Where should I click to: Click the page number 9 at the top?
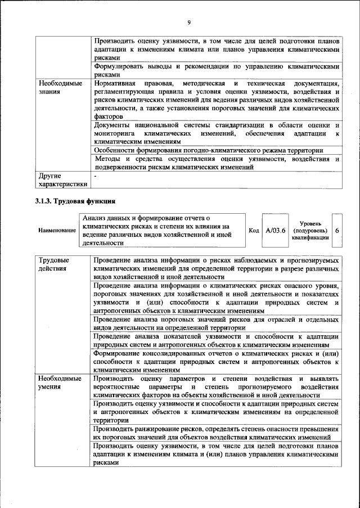coord(189,22)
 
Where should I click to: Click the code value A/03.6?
coord(276,231)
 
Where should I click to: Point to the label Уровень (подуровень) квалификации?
coord(310,231)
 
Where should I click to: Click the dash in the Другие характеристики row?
coord(96,176)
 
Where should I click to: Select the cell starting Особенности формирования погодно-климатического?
coord(208,151)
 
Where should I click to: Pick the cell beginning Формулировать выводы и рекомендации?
coord(217,70)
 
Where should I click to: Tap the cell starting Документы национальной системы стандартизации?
coord(217,134)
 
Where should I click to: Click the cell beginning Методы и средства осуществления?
coord(217,163)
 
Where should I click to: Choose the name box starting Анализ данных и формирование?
coord(163,231)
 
